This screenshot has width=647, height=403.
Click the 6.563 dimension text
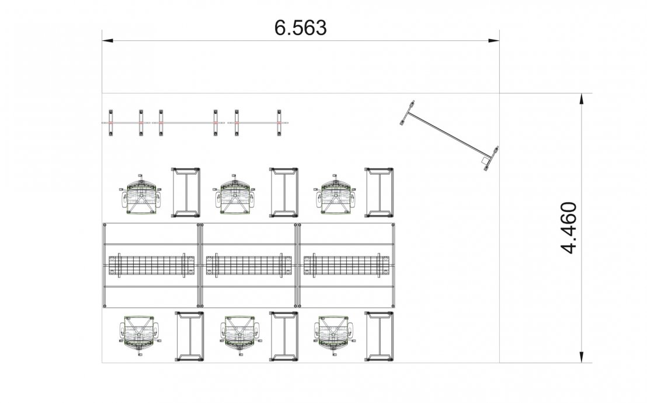tap(300, 28)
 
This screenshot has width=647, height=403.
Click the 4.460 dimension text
tap(569, 228)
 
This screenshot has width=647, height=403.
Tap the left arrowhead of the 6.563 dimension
tap(107, 40)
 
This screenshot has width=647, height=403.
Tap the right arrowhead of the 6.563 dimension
tap(494, 40)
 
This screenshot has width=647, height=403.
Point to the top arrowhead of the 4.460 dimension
tap(582, 99)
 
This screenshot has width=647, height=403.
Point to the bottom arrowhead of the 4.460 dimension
tap(582, 357)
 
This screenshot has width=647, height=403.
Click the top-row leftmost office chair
tap(141, 194)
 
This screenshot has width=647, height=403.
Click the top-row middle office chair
tap(234, 194)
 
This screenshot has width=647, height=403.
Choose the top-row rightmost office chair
tap(335, 194)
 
